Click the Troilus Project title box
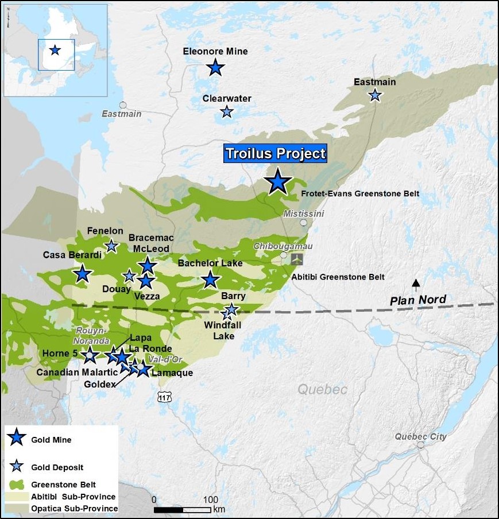click(275, 154)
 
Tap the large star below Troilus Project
click(278, 181)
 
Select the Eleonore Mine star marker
click(215, 68)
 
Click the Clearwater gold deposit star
click(227, 111)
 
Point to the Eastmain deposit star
click(375, 95)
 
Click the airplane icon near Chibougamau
click(297, 259)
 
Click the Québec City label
click(420, 436)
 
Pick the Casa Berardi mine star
click(83, 274)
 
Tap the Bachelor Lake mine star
click(211, 280)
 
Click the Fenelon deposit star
click(111, 246)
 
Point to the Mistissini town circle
click(303, 223)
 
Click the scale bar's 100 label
click(211, 498)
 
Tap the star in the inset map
click(55, 50)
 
